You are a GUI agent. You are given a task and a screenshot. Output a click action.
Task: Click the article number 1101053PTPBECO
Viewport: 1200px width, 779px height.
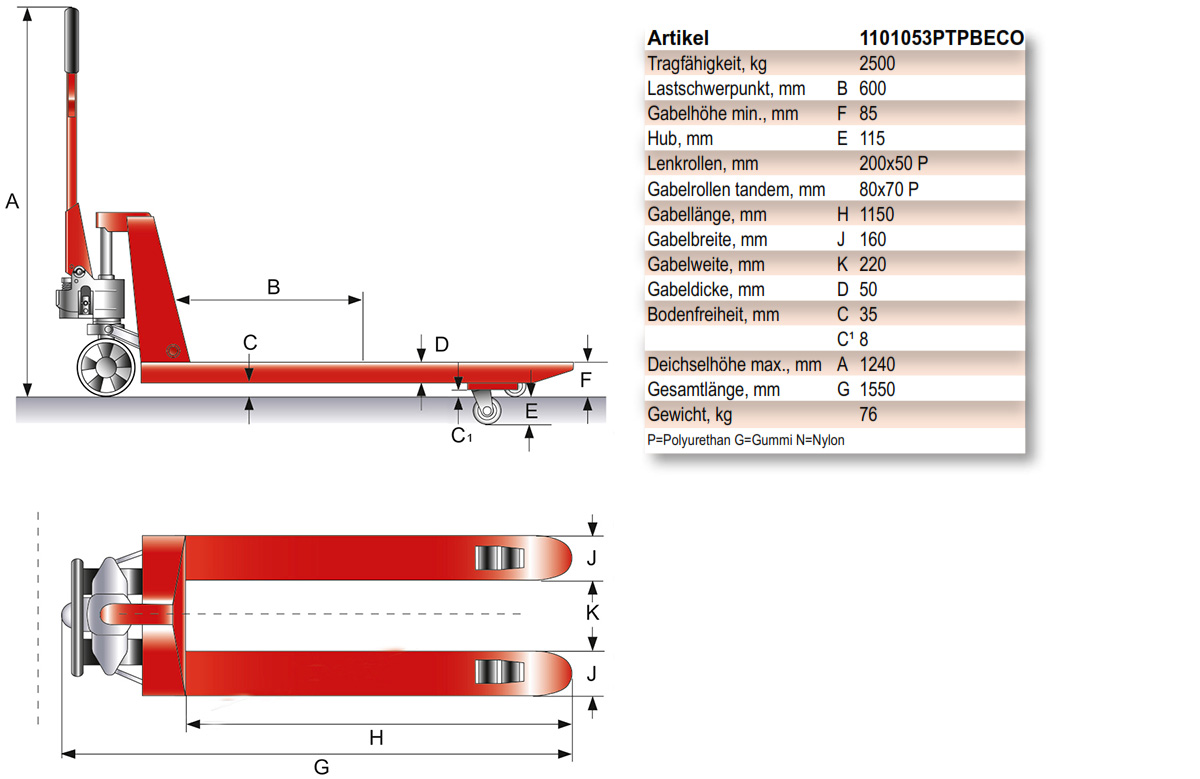941,38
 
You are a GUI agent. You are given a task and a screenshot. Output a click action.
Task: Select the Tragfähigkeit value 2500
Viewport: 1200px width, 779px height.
877,63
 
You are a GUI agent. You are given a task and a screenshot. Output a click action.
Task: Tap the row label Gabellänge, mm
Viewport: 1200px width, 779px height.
707,214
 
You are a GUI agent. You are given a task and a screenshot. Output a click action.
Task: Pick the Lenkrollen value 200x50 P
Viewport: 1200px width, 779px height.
900,163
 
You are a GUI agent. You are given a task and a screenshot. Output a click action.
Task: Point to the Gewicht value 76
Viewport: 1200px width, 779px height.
868,414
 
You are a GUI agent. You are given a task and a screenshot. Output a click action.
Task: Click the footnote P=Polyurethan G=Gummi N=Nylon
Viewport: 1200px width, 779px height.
739,440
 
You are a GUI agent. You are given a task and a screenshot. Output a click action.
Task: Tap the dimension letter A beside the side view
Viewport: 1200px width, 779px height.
13,201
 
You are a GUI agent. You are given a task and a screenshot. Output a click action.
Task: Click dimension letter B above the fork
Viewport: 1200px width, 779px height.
273,287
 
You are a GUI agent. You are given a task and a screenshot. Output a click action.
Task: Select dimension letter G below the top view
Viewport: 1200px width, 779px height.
321,767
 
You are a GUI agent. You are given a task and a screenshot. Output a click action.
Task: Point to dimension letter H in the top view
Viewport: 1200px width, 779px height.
376,738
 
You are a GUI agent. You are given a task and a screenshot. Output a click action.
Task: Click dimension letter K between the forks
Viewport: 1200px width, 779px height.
592,612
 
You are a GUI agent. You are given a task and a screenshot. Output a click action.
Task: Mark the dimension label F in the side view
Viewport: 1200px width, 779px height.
587,380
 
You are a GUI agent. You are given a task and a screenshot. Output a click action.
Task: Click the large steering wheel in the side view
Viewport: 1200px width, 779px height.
105,365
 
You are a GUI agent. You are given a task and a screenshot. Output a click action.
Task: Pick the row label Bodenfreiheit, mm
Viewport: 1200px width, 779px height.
713,314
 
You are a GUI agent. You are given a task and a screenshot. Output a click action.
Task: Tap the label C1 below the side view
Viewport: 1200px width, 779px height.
461,435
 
